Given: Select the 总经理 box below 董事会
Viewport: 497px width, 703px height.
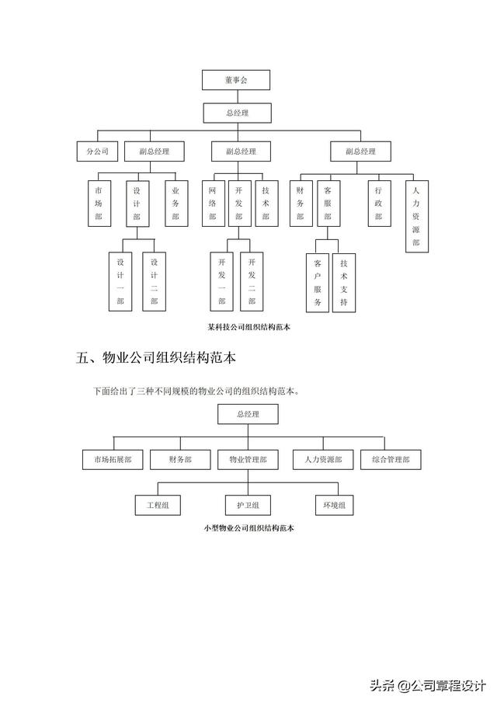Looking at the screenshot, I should pyautogui.click(x=237, y=113).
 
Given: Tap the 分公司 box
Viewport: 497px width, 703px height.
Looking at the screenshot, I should pyautogui.click(x=97, y=151).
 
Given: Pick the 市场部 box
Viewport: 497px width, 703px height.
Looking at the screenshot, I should pyautogui.click(x=98, y=204).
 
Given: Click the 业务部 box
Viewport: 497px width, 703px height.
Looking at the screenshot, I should pyautogui.click(x=176, y=204).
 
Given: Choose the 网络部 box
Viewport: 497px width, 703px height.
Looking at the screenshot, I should pyautogui.click(x=213, y=204).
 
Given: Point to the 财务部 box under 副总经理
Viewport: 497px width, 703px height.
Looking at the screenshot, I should pyautogui.click(x=300, y=204).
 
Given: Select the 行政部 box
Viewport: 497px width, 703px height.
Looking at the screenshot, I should pyautogui.click(x=378, y=204).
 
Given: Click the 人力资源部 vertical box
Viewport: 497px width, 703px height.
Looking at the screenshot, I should pyautogui.click(x=415, y=216).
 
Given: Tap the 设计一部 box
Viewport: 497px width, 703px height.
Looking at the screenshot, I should pyautogui.click(x=120, y=281).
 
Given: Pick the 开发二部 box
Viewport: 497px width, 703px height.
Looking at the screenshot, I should pyautogui.click(x=252, y=281).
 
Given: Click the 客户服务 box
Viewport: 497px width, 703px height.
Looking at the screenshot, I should pyautogui.click(x=317, y=284).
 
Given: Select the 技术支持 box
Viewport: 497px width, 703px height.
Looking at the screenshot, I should pyautogui.click(x=343, y=284).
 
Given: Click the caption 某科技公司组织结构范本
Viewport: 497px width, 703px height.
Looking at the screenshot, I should pyautogui.click(x=248, y=328).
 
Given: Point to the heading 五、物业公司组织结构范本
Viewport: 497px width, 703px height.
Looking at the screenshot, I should pyautogui.click(x=156, y=358).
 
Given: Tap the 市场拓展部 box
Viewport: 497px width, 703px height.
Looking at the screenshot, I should pyautogui.click(x=113, y=460).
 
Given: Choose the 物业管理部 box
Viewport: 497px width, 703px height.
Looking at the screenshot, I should pyautogui.click(x=248, y=460).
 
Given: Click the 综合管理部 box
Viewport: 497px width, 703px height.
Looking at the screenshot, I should pyautogui.click(x=391, y=460).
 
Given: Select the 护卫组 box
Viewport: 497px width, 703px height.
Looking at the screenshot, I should pyautogui.click(x=248, y=506).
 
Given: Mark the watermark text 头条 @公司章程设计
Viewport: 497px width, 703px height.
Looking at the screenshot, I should pyautogui.click(x=428, y=685).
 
